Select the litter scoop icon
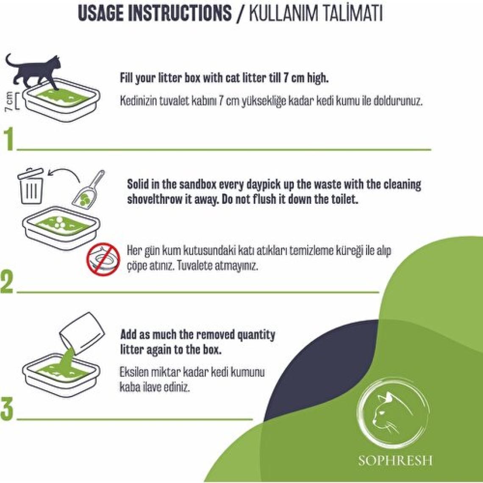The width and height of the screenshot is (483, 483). coord(89,188)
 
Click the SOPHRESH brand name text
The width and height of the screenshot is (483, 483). coord(395,461)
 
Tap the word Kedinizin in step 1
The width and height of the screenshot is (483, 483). coord(138,101)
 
